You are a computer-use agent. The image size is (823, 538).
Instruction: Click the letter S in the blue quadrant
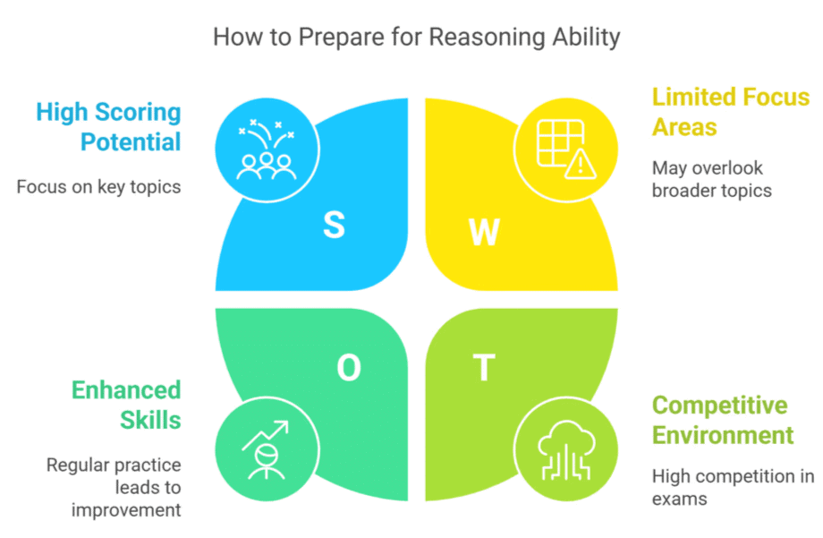click(334, 225)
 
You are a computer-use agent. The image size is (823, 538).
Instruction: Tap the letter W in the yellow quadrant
click(484, 232)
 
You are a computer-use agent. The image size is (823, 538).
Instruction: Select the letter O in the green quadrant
click(349, 367)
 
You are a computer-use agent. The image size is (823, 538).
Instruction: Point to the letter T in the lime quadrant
click(484, 367)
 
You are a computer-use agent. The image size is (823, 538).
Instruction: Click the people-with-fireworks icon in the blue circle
click(266, 149)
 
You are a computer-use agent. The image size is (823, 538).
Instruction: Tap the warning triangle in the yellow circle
click(580, 164)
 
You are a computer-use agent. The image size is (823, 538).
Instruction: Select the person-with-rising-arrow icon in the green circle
click(266, 450)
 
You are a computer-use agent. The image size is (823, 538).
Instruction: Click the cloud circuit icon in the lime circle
click(565, 450)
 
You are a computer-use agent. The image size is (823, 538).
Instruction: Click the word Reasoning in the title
click(488, 38)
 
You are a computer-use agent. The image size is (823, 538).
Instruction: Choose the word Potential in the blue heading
click(131, 141)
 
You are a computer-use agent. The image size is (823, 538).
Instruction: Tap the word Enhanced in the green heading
click(126, 390)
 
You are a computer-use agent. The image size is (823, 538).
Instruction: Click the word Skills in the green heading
click(150, 421)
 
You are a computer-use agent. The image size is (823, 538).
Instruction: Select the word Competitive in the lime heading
click(719, 406)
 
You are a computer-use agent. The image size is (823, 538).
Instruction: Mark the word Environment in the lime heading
click(723, 436)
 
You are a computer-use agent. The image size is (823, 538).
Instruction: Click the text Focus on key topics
click(98, 187)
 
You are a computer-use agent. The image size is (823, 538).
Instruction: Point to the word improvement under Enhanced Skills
click(126, 510)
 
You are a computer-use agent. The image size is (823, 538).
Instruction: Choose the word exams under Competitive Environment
click(680, 500)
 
